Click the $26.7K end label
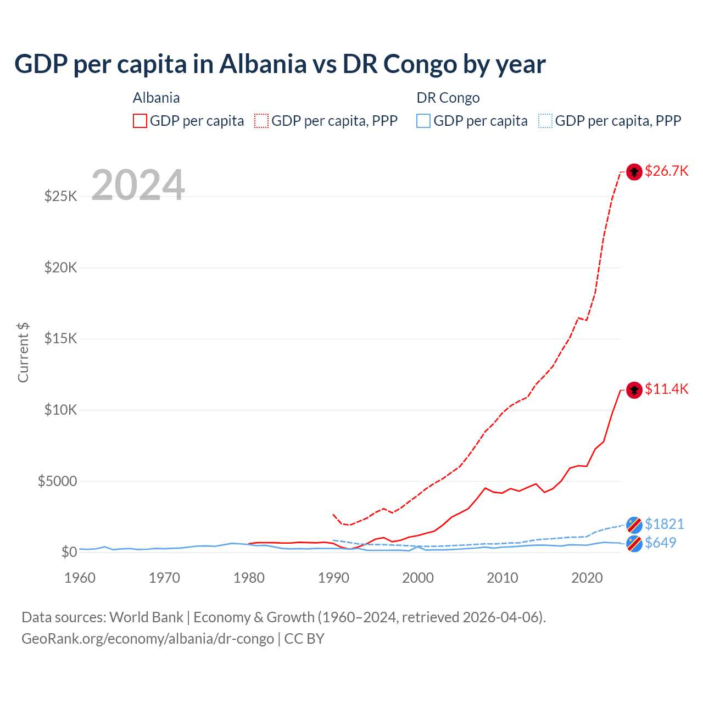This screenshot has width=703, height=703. (666, 171)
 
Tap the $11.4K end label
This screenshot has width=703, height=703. (666, 389)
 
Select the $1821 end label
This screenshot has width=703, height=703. (664, 524)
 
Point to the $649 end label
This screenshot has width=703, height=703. (660, 543)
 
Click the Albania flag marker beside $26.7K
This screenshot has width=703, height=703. (634, 172)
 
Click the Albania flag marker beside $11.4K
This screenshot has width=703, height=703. (634, 390)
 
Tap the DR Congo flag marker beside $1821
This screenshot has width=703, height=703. (634, 525)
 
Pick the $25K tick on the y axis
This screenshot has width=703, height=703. (60, 196)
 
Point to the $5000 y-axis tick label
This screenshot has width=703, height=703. (57, 481)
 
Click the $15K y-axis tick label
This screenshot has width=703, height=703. (60, 338)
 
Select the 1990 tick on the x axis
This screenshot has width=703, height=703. (333, 578)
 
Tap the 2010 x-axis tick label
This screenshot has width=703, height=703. (503, 578)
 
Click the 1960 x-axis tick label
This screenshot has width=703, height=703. (80, 578)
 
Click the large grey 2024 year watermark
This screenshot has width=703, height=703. (138, 185)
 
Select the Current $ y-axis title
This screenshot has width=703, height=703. (23, 353)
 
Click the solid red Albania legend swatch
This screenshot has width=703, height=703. (140, 121)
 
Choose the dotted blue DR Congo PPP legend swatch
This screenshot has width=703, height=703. (545, 121)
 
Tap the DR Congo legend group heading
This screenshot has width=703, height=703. (448, 98)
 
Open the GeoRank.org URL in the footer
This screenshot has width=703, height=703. (148, 639)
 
